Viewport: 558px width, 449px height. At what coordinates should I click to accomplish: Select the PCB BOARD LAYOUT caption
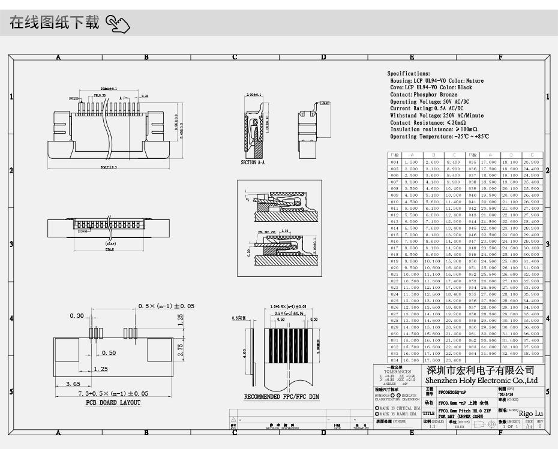click(113, 403)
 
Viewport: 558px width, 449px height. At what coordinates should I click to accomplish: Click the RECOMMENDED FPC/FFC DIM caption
click(281, 397)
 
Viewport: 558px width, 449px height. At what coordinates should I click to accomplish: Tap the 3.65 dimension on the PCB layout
click(73, 384)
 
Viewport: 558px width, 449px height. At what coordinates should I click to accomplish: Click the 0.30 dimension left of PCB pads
click(76, 316)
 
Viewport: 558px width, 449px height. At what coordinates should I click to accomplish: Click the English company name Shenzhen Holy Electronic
click(481, 381)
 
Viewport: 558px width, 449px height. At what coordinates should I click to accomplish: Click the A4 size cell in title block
click(529, 427)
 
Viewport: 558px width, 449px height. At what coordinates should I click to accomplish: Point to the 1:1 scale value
click(433, 427)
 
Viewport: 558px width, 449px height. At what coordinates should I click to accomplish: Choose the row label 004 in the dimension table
click(394, 162)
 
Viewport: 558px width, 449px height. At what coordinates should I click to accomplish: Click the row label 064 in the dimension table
click(472, 354)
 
